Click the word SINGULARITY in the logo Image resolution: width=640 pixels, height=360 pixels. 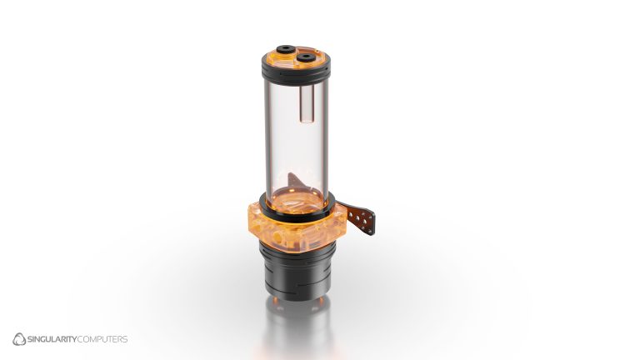[52, 339]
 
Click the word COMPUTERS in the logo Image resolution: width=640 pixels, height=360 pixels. [102, 339]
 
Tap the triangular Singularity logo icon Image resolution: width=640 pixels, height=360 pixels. [19, 339]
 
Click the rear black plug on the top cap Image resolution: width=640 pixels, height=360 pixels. [286, 49]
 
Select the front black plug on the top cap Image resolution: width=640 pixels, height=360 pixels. [306, 57]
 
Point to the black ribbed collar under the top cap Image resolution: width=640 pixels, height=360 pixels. [297, 74]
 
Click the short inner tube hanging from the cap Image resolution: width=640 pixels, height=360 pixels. [306, 104]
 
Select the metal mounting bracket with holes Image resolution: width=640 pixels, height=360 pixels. [359, 218]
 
